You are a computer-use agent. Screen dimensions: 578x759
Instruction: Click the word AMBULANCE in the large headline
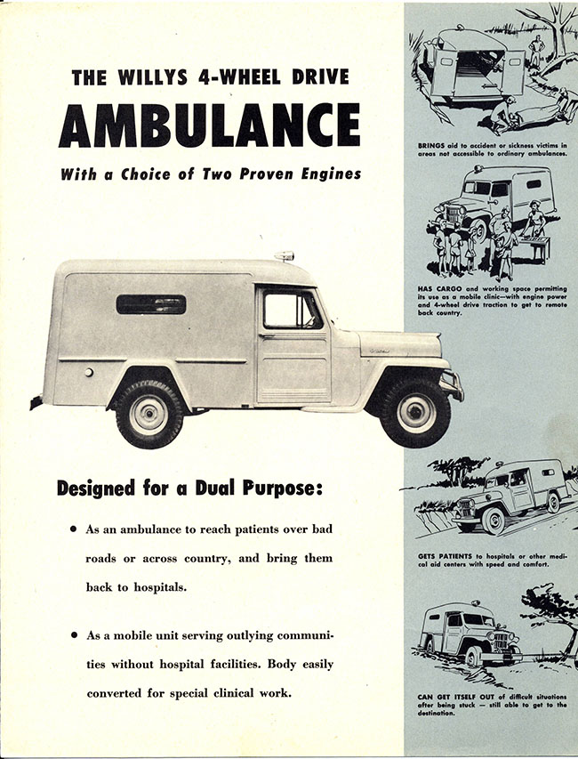(210, 125)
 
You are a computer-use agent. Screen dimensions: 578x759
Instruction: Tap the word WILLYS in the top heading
(152, 77)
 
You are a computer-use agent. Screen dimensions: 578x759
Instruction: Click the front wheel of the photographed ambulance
(415, 412)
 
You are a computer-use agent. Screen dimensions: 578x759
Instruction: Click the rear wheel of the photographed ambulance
(149, 415)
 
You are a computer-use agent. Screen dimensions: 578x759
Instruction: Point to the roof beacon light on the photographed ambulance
(285, 256)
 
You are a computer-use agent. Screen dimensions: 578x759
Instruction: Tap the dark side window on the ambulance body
(151, 304)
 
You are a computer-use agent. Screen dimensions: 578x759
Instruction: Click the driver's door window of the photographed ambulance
(292, 311)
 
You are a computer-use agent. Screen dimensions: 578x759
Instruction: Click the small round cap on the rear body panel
(89, 372)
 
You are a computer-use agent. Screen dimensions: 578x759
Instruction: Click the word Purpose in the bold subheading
(283, 489)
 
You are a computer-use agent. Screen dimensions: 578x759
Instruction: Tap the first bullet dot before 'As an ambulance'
(74, 529)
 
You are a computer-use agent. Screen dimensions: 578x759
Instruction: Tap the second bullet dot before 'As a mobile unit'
(74, 634)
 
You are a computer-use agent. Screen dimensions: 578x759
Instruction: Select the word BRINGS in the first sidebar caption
(431, 145)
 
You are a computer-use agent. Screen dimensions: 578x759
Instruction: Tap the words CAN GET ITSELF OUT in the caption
(454, 697)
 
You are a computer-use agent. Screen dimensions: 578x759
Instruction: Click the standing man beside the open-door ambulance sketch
(536, 51)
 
